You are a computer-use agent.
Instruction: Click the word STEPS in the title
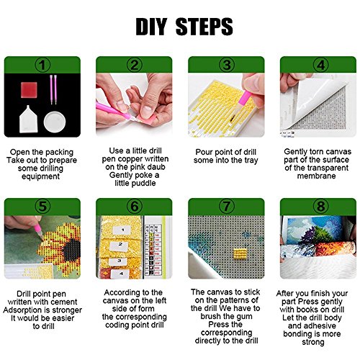204,27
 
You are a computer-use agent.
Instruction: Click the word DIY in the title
151,27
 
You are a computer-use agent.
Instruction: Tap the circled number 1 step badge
42,65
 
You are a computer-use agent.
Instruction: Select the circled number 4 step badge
320,65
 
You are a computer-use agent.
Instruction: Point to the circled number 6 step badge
135,207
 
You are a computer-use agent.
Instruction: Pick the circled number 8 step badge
320,207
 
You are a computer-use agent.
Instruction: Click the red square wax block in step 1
29,90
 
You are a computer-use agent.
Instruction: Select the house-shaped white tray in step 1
28,120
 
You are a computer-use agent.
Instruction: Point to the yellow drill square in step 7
240,255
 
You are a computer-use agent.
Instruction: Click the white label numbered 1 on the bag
122,230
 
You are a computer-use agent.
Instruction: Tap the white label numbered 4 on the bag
120,274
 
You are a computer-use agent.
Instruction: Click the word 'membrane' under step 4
316,176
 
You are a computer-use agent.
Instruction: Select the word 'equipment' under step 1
40,176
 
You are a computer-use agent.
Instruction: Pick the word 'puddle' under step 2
144,184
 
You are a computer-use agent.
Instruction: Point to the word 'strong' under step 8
313,342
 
